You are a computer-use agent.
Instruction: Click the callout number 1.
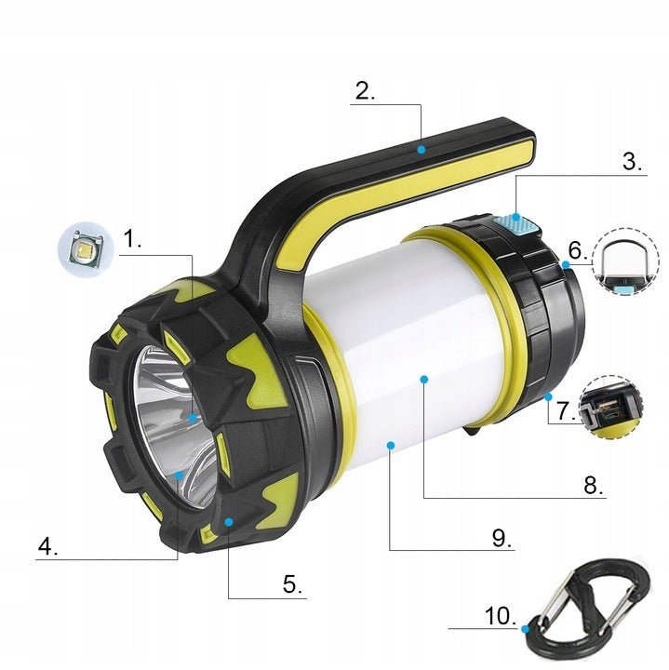pos(132,238)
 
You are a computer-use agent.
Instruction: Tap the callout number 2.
pos(366,90)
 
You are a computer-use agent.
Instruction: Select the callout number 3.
pos(633,162)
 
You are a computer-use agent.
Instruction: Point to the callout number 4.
pos(47,545)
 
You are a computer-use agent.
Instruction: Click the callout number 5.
pos(292,583)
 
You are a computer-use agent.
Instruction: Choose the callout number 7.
pos(567,410)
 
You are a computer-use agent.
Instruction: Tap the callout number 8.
pos(594,485)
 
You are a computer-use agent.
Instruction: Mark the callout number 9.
pos(502,538)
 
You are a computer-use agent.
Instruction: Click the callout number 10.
pos(501,616)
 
